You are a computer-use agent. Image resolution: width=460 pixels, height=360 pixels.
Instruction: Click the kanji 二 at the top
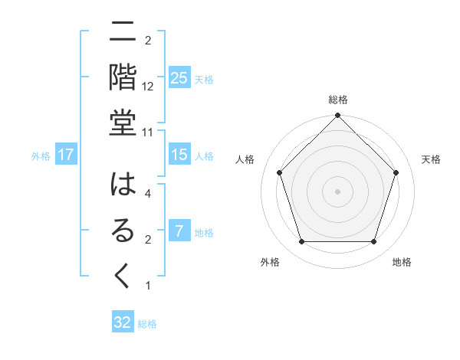(x=122, y=34)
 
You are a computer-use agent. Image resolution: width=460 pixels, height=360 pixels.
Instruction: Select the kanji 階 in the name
(x=122, y=77)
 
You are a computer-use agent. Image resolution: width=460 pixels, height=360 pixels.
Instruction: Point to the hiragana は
(x=122, y=186)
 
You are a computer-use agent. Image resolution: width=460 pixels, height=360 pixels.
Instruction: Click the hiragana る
(x=122, y=231)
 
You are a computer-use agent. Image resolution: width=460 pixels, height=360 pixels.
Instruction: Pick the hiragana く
(x=122, y=276)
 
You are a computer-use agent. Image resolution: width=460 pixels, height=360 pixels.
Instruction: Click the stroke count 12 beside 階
(x=149, y=87)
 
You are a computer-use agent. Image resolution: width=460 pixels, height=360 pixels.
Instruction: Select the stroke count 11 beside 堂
(x=149, y=132)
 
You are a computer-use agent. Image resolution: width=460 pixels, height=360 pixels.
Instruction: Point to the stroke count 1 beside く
(x=148, y=286)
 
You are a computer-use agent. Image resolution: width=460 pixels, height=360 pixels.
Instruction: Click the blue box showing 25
(x=179, y=77)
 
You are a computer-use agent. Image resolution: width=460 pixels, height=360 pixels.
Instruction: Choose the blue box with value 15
(x=179, y=155)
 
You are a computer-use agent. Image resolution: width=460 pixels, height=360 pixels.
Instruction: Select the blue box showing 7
(x=179, y=231)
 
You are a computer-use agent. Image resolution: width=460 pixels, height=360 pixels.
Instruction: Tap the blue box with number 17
(x=66, y=155)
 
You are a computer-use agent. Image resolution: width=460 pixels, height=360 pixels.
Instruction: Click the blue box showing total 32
(x=123, y=322)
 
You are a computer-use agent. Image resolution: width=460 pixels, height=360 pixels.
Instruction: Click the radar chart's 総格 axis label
(x=338, y=100)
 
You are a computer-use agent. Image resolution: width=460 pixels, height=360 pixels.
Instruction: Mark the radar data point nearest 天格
(x=396, y=172)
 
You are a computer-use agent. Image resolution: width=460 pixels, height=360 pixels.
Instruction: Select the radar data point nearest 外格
(x=301, y=241)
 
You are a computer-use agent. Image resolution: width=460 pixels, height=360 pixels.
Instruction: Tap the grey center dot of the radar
(x=337, y=191)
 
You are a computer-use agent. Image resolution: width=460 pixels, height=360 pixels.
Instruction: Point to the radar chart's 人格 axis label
(x=245, y=159)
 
